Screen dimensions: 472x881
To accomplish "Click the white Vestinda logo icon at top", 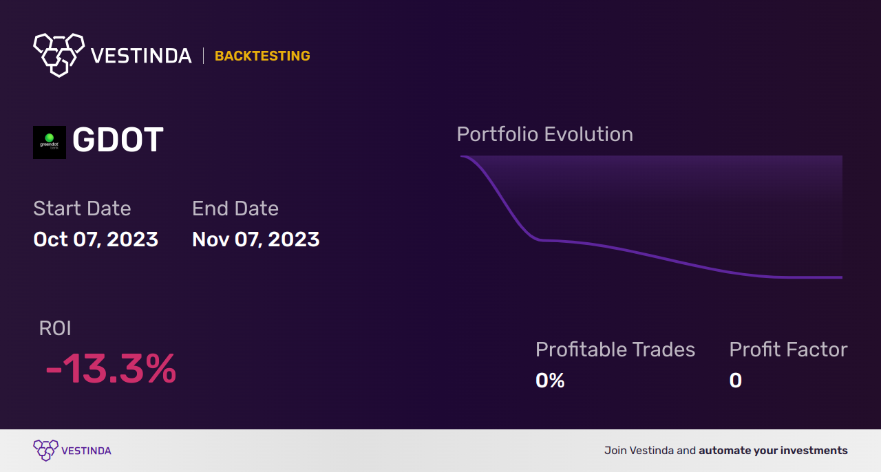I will [x=59, y=54].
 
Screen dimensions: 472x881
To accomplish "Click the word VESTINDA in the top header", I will [x=141, y=56].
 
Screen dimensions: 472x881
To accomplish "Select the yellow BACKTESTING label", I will [x=262, y=56].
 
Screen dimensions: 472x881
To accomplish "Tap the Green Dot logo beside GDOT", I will [x=50, y=142].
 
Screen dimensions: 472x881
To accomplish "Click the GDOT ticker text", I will [x=118, y=141].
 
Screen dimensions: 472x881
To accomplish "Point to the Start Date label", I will [x=82, y=208].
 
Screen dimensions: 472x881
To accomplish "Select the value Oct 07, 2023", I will [x=96, y=239].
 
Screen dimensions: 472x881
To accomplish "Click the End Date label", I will [x=235, y=208].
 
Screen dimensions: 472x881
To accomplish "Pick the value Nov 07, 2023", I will [x=256, y=239].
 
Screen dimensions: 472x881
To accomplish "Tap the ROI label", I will [x=55, y=328].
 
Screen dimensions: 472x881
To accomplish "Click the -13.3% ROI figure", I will [x=111, y=369].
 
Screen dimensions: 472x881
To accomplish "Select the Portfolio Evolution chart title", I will [x=544, y=134].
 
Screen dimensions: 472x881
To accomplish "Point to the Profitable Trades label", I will [x=615, y=350].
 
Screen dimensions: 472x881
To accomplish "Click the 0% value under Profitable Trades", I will [x=550, y=380].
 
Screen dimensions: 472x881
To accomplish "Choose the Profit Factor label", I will [x=788, y=350].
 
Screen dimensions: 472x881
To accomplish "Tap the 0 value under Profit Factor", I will [x=736, y=380].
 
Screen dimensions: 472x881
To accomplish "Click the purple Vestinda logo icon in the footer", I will [x=45, y=451].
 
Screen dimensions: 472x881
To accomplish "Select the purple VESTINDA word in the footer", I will [x=86, y=451].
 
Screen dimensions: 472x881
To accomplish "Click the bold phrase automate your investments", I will [x=773, y=451].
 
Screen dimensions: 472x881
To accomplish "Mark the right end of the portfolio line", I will [x=841, y=277].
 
